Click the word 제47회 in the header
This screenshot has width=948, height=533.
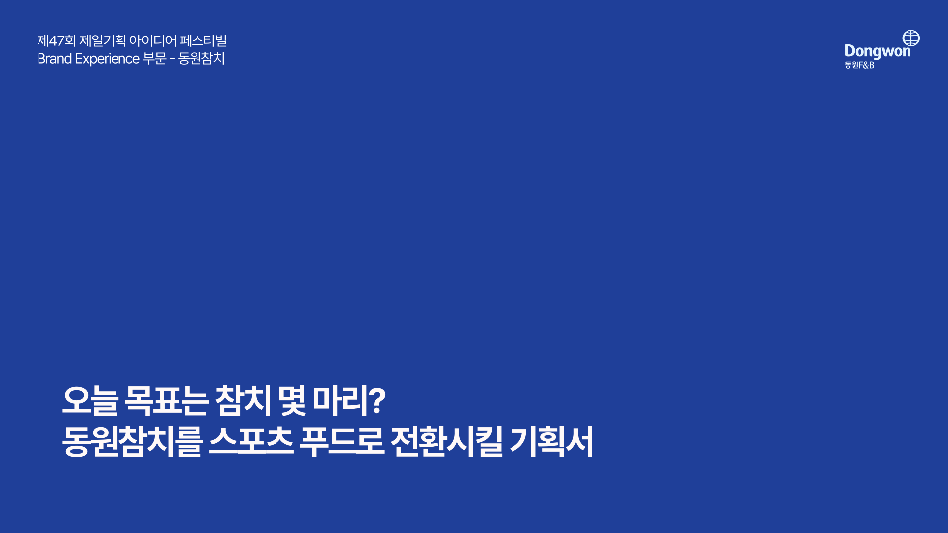pos(55,41)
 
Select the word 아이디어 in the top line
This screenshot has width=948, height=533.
pos(152,41)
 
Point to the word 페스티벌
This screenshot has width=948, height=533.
pos(203,41)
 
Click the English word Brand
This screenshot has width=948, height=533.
pos(54,59)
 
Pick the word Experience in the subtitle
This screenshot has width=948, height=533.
pos(108,59)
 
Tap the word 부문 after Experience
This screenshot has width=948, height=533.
pos(155,59)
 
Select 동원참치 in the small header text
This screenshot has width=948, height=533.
pos(201,59)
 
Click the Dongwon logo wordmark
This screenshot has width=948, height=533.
pos(877,52)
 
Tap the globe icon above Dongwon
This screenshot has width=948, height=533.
pos(911,38)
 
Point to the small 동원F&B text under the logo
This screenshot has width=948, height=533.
pos(859,65)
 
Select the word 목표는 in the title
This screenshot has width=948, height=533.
pos(167,400)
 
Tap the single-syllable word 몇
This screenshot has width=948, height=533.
pos(292,400)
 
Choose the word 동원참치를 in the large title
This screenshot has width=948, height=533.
pos(131,442)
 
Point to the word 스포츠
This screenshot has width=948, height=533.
pos(252,442)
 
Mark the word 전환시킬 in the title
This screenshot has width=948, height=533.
pos(446,442)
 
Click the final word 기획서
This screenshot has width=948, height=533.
pos(551,442)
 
